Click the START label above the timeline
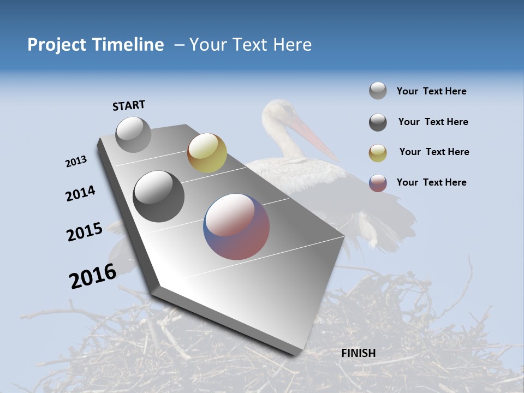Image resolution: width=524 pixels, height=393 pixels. point(129,105)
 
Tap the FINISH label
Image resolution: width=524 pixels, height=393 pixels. point(359,353)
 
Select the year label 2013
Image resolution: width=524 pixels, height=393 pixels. point(76,162)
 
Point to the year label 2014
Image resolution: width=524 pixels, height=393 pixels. point(80,193)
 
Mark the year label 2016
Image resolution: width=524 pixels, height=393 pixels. point(93,276)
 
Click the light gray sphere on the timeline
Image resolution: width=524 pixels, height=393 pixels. point(133,134)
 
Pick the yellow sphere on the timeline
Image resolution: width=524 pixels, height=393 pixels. point(207,153)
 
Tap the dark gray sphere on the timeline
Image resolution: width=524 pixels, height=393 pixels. point(159,196)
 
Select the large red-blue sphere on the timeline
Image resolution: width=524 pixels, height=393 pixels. point(236,227)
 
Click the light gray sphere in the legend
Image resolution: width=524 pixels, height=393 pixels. point(378,91)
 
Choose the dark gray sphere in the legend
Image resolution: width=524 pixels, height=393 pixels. point(378,122)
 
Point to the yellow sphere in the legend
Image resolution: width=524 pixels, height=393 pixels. point(378,153)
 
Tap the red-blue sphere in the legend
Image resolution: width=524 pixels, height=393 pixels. point(378,183)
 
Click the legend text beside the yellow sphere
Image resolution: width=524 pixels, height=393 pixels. point(434,152)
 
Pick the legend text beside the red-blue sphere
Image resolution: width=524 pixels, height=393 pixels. point(431,182)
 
